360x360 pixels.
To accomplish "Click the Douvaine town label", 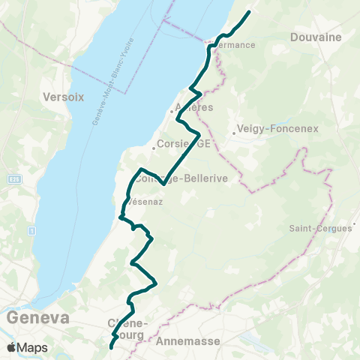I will click(316, 37).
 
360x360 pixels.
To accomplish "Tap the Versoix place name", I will click(63, 97).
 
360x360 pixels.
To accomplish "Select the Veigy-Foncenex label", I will click(277, 128).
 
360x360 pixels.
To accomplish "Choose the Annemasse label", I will click(189, 340).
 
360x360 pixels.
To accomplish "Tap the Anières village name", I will click(194, 108).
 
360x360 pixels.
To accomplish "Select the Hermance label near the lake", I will click(238, 45).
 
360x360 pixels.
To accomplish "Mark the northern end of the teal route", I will click(247, 12).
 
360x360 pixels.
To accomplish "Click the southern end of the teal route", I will click(111, 347).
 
